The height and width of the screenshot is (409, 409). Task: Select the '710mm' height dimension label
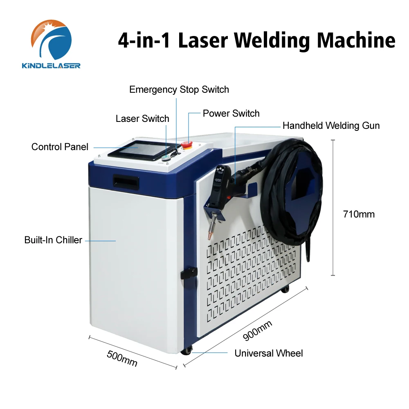click(x=359, y=214)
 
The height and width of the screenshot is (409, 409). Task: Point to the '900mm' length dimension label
click(x=257, y=330)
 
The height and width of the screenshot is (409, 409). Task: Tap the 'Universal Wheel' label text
click(x=268, y=353)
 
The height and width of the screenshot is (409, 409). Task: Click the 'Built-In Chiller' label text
click(x=53, y=240)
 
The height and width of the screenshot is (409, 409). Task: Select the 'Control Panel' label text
click(x=60, y=146)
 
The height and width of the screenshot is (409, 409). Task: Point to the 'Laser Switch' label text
click(x=142, y=119)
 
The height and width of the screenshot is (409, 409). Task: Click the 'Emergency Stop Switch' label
click(x=179, y=89)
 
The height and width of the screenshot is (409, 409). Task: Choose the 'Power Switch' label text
click(x=231, y=113)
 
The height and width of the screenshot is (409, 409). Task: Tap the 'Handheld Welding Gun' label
click(x=331, y=126)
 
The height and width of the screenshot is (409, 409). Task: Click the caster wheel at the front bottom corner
click(x=188, y=350)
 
